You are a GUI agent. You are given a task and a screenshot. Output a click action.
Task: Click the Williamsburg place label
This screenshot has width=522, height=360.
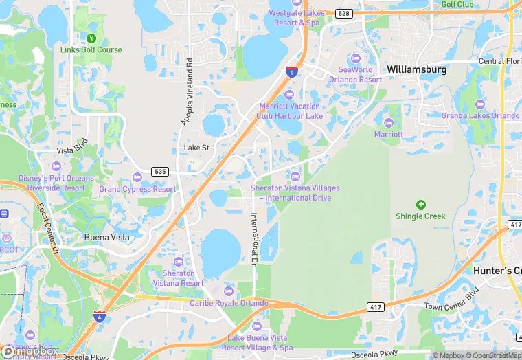click(416, 69)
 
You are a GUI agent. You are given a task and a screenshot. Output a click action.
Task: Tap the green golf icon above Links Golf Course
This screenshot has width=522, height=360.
click(91, 38)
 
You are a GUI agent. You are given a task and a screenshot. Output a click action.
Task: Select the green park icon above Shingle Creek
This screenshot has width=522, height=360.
click(420, 204)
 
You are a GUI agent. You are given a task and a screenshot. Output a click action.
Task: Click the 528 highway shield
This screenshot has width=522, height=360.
click(343, 13)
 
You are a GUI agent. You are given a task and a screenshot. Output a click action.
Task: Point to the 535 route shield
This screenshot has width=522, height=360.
click(160, 171)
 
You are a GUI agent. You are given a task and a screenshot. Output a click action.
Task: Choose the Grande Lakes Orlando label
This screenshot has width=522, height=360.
click(480, 115)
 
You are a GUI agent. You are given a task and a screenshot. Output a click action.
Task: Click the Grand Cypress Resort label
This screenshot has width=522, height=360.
click(137, 189)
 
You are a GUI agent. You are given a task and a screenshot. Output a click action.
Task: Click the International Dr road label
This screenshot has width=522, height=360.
click(253, 240)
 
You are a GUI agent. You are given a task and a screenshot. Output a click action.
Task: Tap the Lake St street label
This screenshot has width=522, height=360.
click(196, 148)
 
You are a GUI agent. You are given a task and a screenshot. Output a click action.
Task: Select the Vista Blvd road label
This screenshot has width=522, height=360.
click(72, 150)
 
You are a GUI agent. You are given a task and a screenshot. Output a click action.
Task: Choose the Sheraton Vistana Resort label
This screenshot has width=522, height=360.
click(179, 278)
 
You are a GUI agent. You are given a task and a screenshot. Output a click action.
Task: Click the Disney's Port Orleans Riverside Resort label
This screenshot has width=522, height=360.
click(56, 183)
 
